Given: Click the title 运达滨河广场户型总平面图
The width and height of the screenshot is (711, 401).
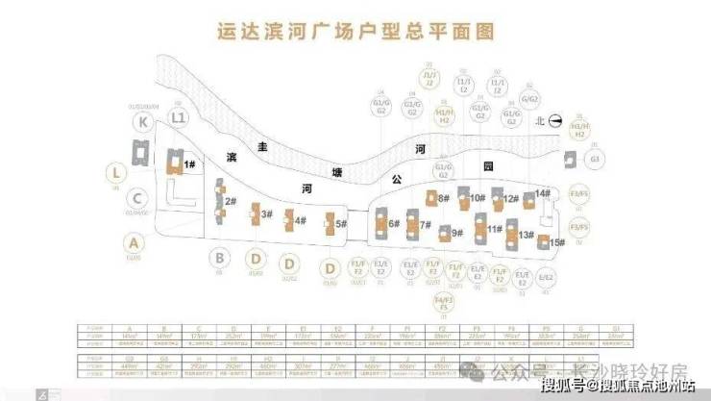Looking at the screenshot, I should pyautogui.click(x=355, y=31).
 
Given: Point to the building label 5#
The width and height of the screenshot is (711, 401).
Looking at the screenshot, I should pyautogui.click(x=300, y=221).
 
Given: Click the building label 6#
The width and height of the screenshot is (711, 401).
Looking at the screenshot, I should pyautogui.click(x=341, y=224).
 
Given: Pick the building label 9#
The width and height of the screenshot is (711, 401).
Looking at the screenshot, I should pyautogui.click(x=394, y=223).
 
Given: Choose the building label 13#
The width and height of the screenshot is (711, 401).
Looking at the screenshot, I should pyautogui.click(x=425, y=225).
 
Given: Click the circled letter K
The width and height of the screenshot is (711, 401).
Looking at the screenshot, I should pyautogui.click(x=143, y=122).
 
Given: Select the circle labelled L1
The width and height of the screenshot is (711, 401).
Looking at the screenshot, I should pyautogui.click(x=177, y=117).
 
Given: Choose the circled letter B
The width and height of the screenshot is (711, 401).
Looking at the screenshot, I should pyautogui.click(x=220, y=257).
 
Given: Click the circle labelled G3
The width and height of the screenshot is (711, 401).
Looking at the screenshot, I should pyautogui.click(x=596, y=159).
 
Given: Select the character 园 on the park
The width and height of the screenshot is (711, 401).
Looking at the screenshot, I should pyautogui.click(x=487, y=166).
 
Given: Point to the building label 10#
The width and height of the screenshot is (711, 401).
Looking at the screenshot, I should pyautogui.click(x=478, y=198).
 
